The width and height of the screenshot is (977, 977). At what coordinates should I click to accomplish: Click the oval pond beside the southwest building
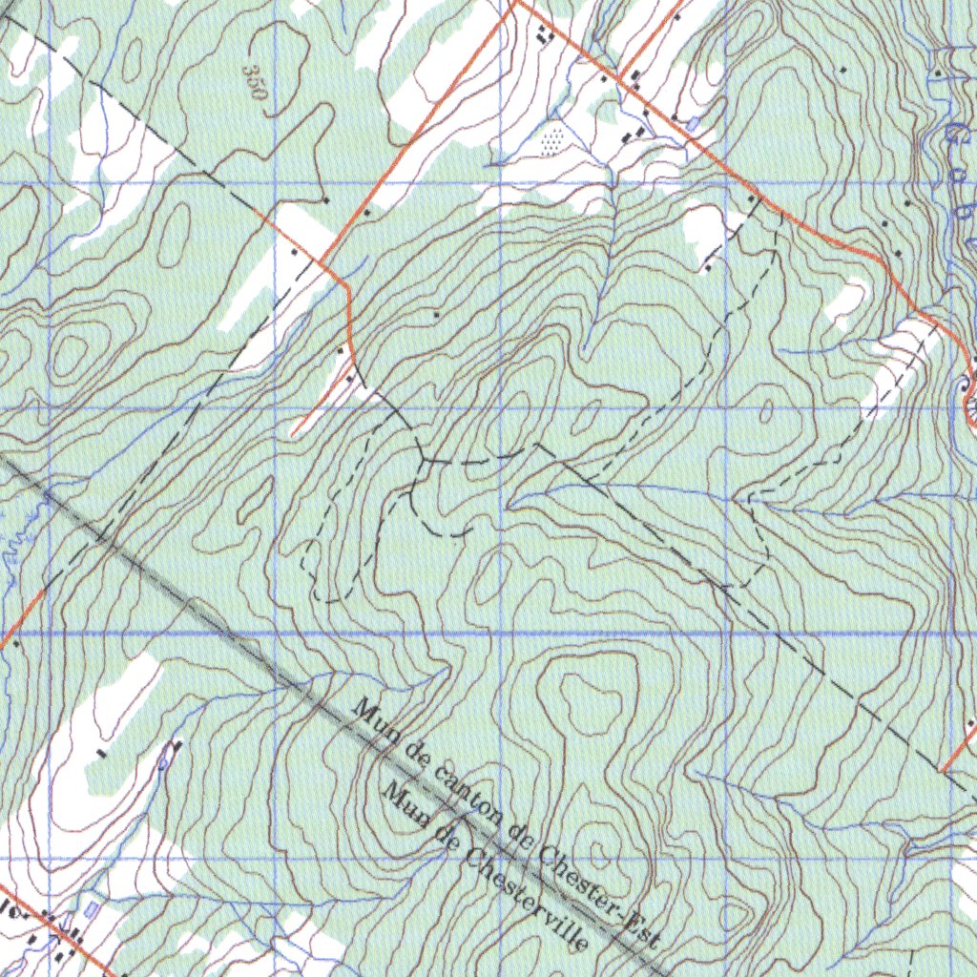[x=166, y=759]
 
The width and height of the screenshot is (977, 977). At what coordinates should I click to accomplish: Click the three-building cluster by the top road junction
[x=545, y=35]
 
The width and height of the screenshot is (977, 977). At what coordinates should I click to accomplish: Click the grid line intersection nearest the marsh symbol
[x=502, y=182]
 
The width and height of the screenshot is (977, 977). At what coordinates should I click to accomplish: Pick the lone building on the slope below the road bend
[x=436, y=313]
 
